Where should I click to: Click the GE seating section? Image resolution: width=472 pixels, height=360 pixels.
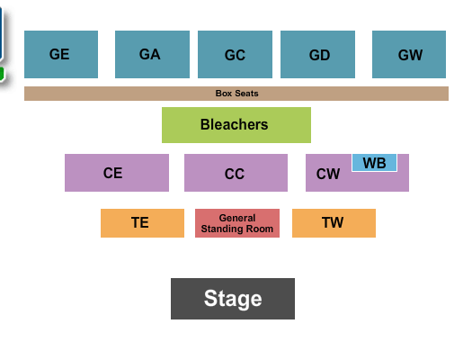click(60, 54)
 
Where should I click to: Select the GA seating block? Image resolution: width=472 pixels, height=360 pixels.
click(152, 54)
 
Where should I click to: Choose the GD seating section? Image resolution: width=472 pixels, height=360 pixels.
click(317, 54)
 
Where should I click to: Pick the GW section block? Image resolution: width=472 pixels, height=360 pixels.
click(409, 54)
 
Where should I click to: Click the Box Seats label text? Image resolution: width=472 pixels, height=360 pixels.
click(236, 94)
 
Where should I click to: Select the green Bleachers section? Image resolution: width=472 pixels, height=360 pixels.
click(236, 125)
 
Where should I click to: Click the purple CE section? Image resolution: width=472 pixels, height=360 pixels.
click(116, 173)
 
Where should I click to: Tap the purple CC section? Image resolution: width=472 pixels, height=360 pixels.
click(236, 173)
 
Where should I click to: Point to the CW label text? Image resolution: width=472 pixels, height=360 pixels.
click(328, 174)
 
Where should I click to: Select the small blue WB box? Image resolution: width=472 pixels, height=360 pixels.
click(374, 163)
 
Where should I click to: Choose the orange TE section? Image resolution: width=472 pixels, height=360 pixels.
click(142, 223)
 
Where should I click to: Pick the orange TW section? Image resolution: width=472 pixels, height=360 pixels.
click(334, 223)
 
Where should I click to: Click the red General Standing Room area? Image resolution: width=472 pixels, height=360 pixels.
click(237, 223)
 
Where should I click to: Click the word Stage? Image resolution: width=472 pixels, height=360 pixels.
click(233, 299)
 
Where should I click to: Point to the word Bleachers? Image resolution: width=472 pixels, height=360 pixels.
click(234, 124)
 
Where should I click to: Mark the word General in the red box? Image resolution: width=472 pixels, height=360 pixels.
click(237, 218)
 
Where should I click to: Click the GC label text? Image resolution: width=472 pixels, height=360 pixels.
click(235, 55)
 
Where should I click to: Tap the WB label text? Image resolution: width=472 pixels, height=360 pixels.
click(374, 163)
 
